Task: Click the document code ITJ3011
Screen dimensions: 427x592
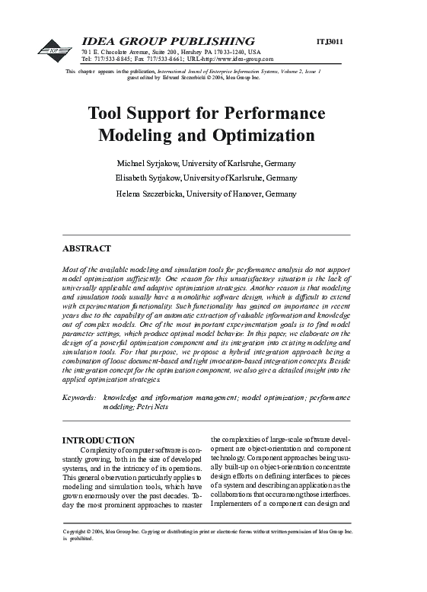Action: click(330, 40)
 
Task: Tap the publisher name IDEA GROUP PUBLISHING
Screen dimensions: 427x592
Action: click(167, 40)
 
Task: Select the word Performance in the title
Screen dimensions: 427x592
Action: click(276, 114)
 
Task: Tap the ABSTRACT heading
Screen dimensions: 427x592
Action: click(86, 248)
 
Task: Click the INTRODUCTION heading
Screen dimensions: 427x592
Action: click(98, 440)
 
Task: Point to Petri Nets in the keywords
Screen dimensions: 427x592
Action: click(152, 407)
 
